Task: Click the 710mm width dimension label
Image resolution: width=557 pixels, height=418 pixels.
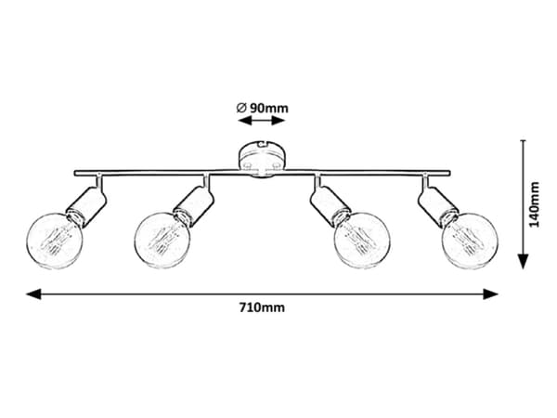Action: coord(262,307)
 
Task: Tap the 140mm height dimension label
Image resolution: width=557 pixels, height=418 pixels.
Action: coord(534,204)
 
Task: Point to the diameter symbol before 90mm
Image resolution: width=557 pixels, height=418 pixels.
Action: coord(241,108)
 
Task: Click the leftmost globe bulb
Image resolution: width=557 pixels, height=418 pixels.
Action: coord(55,241)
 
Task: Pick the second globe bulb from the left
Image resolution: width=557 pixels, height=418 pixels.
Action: coord(163,241)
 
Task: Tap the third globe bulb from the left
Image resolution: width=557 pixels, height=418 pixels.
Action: coord(362,241)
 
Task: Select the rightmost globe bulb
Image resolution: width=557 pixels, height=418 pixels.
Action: coord(470,241)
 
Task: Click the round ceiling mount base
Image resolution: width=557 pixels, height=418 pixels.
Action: coord(262,159)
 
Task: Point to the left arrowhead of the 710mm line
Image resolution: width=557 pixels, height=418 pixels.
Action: coord(33,294)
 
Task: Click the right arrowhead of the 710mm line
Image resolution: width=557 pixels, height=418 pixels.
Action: coord(490,294)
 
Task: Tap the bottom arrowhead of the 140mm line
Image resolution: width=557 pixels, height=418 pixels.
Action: coord(523,262)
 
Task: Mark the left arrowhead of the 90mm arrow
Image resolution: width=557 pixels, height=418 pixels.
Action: coord(245,121)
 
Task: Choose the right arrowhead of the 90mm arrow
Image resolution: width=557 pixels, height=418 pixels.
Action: coord(278,121)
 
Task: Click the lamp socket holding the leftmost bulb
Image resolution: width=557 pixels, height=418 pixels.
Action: coord(86,207)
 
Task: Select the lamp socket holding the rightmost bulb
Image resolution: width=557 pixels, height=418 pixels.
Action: coord(438,207)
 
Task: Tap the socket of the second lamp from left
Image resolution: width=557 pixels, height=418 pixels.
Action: coord(194,207)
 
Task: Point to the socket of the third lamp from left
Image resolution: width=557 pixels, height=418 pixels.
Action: coord(330,207)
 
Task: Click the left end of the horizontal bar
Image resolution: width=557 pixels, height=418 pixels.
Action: coord(75,174)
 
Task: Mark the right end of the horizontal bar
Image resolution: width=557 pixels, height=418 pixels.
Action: coord(449,174)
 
